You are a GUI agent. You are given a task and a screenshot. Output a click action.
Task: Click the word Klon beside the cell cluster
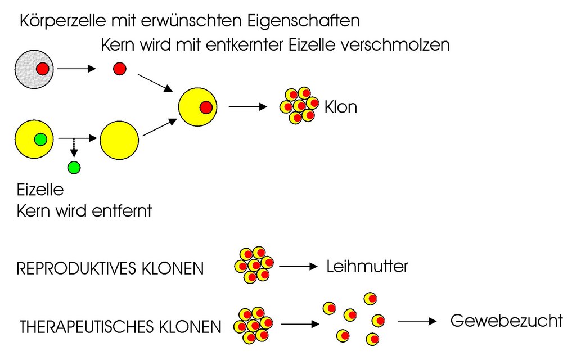(340, 107)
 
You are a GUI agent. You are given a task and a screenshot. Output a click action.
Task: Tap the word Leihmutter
(367, 266)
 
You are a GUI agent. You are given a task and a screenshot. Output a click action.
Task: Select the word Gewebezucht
(507, 321)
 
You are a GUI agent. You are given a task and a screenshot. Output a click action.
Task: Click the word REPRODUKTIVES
(76, 268)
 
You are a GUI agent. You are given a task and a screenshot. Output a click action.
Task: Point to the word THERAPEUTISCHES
(87, 327)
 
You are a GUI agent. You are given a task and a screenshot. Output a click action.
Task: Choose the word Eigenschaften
(303, 21)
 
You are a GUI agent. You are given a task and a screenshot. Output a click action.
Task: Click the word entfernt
(122, 211)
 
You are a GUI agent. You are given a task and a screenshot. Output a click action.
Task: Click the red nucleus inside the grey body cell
(43, 69)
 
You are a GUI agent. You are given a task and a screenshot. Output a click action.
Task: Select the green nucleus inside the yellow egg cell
(40, 139)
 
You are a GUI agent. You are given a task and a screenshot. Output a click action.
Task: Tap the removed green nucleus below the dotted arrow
(74, 168)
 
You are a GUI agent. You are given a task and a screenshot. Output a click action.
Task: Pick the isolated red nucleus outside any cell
(120, 69)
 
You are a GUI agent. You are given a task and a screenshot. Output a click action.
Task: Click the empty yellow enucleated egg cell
(119, 140)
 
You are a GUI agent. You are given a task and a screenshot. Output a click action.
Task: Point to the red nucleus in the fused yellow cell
(206, 107)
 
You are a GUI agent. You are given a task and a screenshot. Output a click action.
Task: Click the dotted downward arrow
(74, 148)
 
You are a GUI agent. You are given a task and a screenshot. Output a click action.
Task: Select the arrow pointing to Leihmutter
(298, 266)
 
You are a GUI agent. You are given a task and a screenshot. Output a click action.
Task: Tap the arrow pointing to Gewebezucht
(417, 321)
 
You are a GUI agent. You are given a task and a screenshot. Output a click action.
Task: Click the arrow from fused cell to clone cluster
(248, 107)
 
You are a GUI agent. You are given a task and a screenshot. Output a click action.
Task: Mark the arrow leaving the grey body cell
(76, 69)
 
